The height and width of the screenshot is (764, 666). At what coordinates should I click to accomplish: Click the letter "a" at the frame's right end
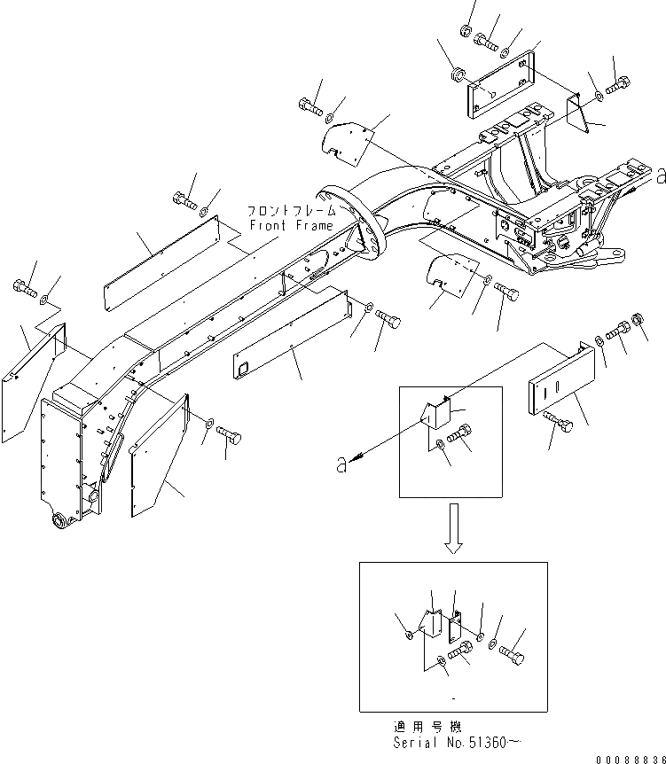[660, 176]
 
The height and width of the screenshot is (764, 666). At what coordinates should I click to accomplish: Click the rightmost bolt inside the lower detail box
[512, 656]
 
